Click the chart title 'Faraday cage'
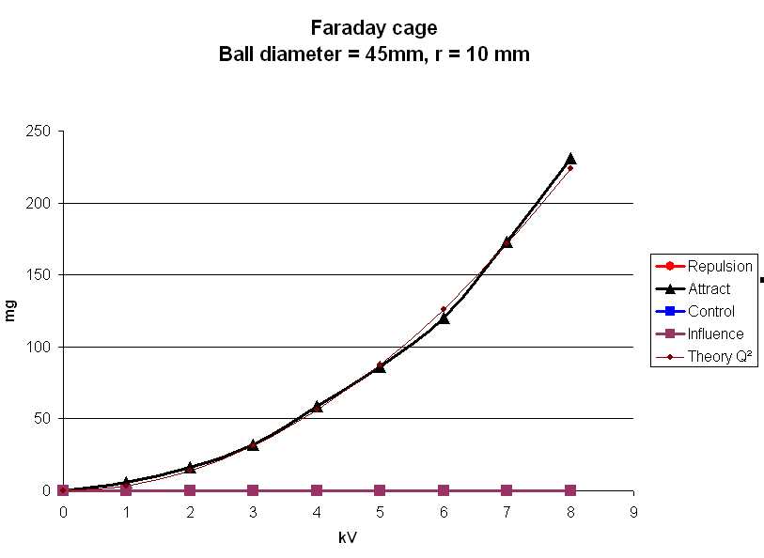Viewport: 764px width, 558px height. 374,28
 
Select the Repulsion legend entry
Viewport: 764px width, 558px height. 719,266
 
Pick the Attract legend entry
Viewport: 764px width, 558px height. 709,288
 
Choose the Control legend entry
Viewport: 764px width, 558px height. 710,311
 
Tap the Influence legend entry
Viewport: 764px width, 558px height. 715,333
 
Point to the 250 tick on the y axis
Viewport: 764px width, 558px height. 39,132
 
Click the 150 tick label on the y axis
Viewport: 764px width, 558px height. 39,275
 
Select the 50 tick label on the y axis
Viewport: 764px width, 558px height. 41,419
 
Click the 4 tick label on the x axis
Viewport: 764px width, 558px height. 317,511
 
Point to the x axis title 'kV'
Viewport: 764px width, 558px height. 348,538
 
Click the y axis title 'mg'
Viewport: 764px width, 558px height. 12,311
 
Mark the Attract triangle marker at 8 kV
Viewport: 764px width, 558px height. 570,159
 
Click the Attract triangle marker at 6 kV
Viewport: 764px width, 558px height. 444,318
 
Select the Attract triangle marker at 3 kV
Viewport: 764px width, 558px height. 253,444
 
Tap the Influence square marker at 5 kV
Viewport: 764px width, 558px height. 380,490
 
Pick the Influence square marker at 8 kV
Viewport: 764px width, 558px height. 570,490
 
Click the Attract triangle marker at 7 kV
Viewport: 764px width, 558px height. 507,241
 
